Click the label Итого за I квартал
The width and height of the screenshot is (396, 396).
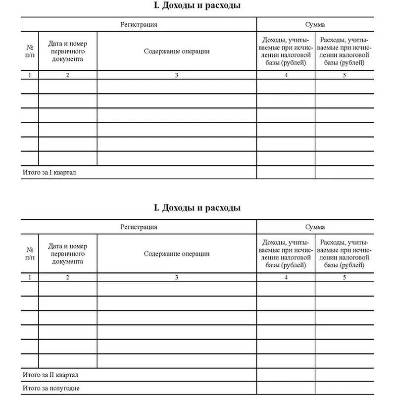51,172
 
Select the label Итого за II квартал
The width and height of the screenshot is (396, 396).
51,375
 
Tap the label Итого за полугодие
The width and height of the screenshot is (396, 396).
51,389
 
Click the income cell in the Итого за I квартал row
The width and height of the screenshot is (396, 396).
286,172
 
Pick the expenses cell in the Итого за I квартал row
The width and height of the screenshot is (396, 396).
345,172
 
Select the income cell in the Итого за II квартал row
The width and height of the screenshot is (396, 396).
286,375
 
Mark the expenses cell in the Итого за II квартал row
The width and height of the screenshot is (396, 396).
345,375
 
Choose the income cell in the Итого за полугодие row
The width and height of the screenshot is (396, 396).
286,389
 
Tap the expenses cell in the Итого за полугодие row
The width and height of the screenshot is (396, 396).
345,389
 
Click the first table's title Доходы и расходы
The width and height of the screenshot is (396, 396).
198,6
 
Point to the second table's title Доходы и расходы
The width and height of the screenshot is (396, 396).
198,208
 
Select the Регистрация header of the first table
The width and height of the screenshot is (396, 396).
139,24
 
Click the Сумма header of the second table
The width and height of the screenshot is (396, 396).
315,227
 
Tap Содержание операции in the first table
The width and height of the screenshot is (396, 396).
177,51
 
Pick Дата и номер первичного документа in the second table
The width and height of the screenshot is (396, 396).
67,253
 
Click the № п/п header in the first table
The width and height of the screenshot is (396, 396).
30,51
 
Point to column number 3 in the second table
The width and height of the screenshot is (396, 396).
177,278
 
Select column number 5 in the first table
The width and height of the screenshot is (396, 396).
345,75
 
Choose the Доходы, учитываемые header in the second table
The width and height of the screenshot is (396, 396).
286,253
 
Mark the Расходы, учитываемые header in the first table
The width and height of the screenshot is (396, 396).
345,51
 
